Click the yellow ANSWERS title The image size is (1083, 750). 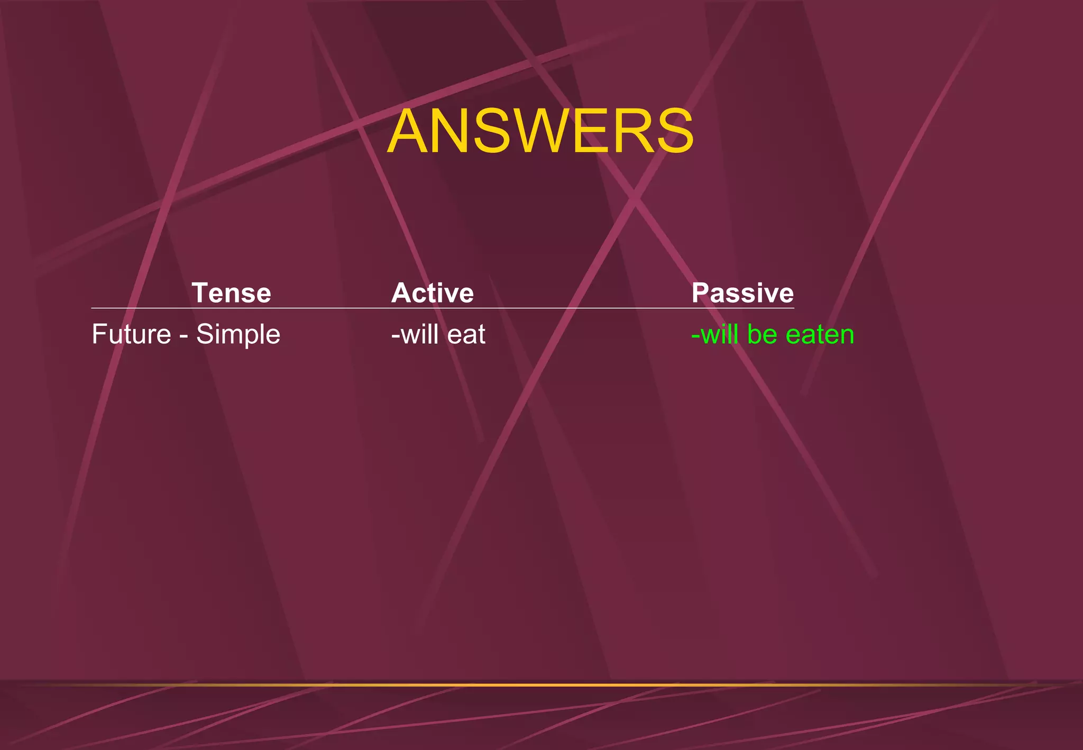click(x=540, y=131)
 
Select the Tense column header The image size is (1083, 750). click(x=231, y=293)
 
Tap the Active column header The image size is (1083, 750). click(x=432, y=293)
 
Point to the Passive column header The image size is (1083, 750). click(x=742, y=293)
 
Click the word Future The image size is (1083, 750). click(x=131, y=334)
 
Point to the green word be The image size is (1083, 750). click(x=761, y=334)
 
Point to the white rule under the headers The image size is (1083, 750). click(x=442, y=308)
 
